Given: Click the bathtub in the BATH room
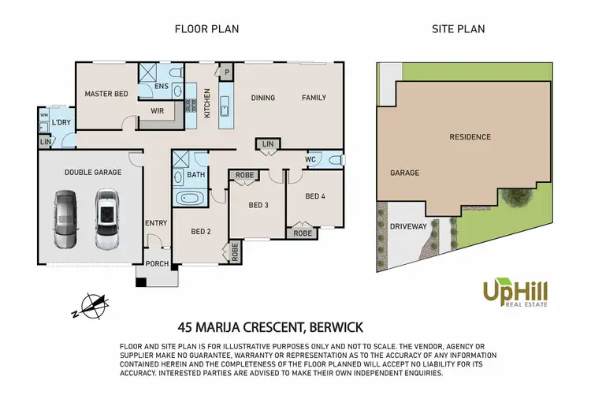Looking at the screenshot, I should click(x=189, y=199).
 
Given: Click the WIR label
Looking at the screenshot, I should click(x=157, y=111).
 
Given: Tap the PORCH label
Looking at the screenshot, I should click(x=158, y=263).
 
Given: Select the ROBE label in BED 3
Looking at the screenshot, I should click(x=243, y=176).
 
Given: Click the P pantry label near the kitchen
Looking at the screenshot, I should click(x=226, y=72).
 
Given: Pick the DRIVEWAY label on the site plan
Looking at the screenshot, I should click(x=408, y=226).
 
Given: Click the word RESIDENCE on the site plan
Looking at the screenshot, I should click(x=470, y=137).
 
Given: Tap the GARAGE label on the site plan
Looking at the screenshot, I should click(x=404, y=173).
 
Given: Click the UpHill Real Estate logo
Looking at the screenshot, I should click(x=515, y=294).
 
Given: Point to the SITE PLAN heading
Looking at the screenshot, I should click(x=458, y=29).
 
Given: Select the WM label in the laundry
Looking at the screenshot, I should click(x=43, y=115).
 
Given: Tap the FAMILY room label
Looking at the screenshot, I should click(x=313, y=98).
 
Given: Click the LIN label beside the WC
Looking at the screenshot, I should click(x=267, y=144).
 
